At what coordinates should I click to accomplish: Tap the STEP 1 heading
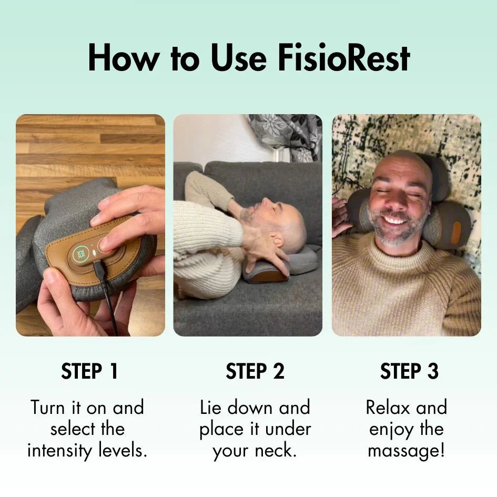pyautogui.click(x=90, y=371)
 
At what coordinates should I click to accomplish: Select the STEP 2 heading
pyautogui.click(x=255, y=371)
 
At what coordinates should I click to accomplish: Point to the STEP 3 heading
pyautogui.click(x=409, y=371)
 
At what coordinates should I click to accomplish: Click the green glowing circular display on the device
pyautogui.click(x=81, y=254)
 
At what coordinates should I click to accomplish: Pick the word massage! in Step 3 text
pyautogui.click(x=406, y=451)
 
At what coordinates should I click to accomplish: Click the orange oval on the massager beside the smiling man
pyautogui.click(x=456, y=232)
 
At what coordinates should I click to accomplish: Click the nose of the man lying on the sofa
pyautogui.click(x=263, y=202)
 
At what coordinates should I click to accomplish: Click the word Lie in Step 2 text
pyautogui.click(x=211, y=408)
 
